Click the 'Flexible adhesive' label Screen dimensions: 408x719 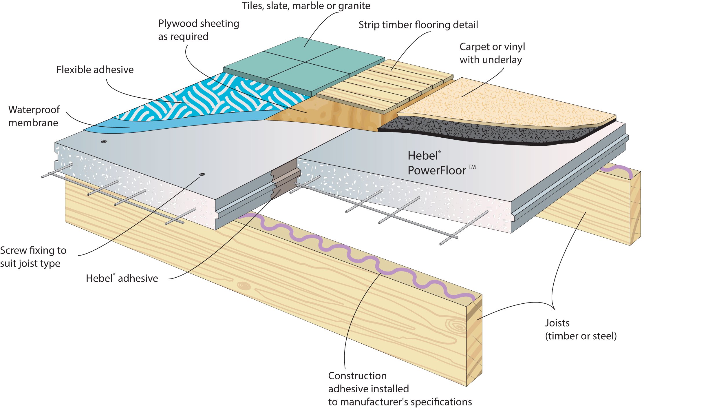click(95, 70)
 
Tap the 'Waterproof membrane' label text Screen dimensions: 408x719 click(34, 116)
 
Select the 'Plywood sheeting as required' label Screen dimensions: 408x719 click(199, 30)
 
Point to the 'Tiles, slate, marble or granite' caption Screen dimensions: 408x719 click(306, 6)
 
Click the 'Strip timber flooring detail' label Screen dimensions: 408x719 click(418, 25)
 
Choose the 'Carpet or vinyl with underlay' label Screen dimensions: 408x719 click(492, 53)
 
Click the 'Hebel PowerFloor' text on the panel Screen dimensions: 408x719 click(437, 163)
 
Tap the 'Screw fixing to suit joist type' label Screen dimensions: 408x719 click(33, 257)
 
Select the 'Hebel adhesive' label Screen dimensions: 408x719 click(122, 278)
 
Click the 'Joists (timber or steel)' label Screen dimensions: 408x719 click(581, 329)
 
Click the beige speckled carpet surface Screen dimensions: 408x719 click(507, 104)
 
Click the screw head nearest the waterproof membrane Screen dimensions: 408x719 click(104, 142)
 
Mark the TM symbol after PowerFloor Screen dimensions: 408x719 click(472, 167)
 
